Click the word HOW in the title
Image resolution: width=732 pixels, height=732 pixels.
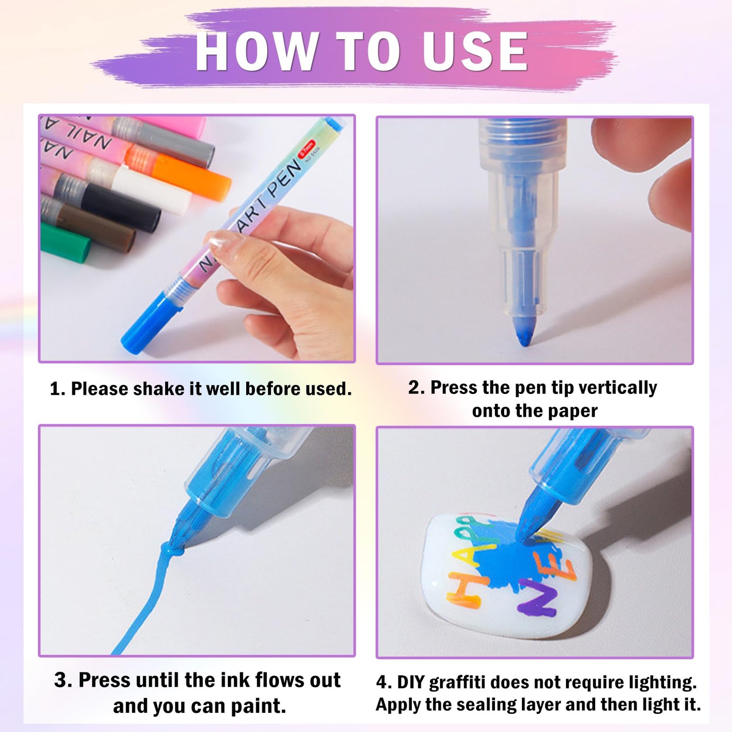256,51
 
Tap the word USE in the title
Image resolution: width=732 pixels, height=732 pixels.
475,51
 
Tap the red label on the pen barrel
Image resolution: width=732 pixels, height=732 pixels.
307,149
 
